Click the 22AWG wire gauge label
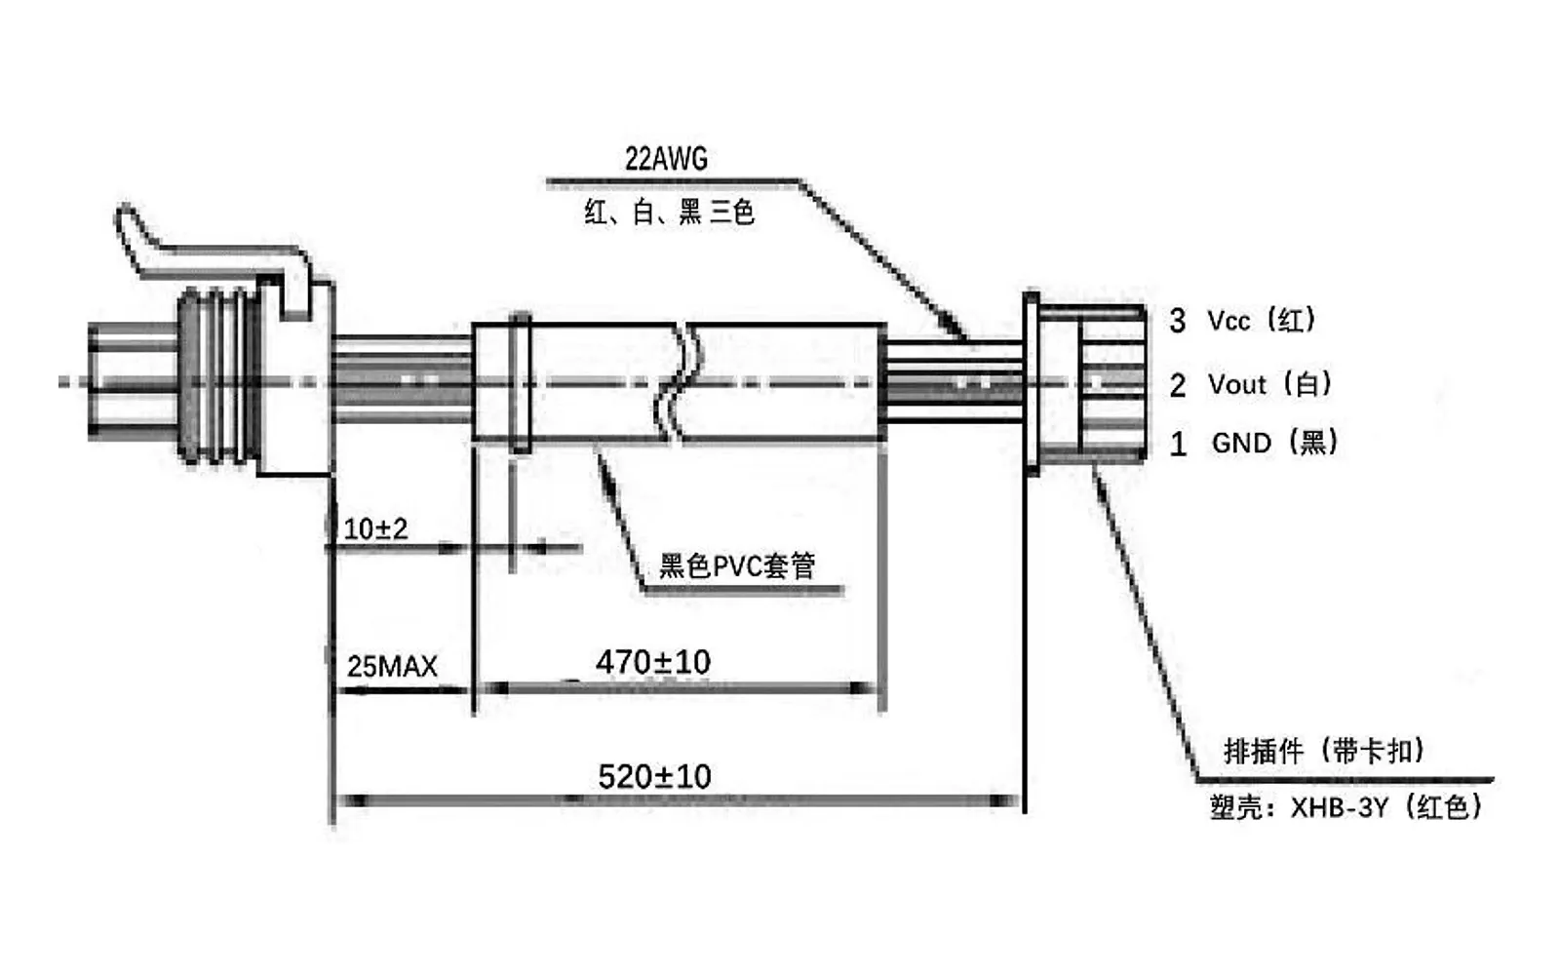[666, 160]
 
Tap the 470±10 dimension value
[653, 662]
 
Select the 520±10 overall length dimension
[654, 776]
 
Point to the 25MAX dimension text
[392, 667]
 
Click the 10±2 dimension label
[375, 529]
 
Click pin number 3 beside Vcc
[1178, 321]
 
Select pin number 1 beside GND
[1178, 445]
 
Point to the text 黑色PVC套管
[737, 565]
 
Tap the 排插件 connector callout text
[1264, 751]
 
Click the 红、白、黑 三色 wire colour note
[669, 212]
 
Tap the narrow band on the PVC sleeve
[521, 383]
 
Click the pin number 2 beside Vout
[1178, 384]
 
